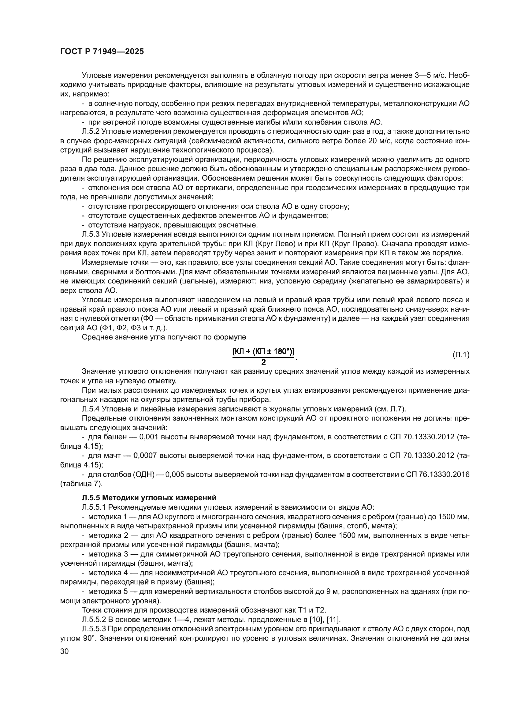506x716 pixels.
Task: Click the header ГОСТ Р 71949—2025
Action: [102, 52]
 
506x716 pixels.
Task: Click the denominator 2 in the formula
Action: [263, 362]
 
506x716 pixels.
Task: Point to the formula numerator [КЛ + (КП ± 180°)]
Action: [263, 352]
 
